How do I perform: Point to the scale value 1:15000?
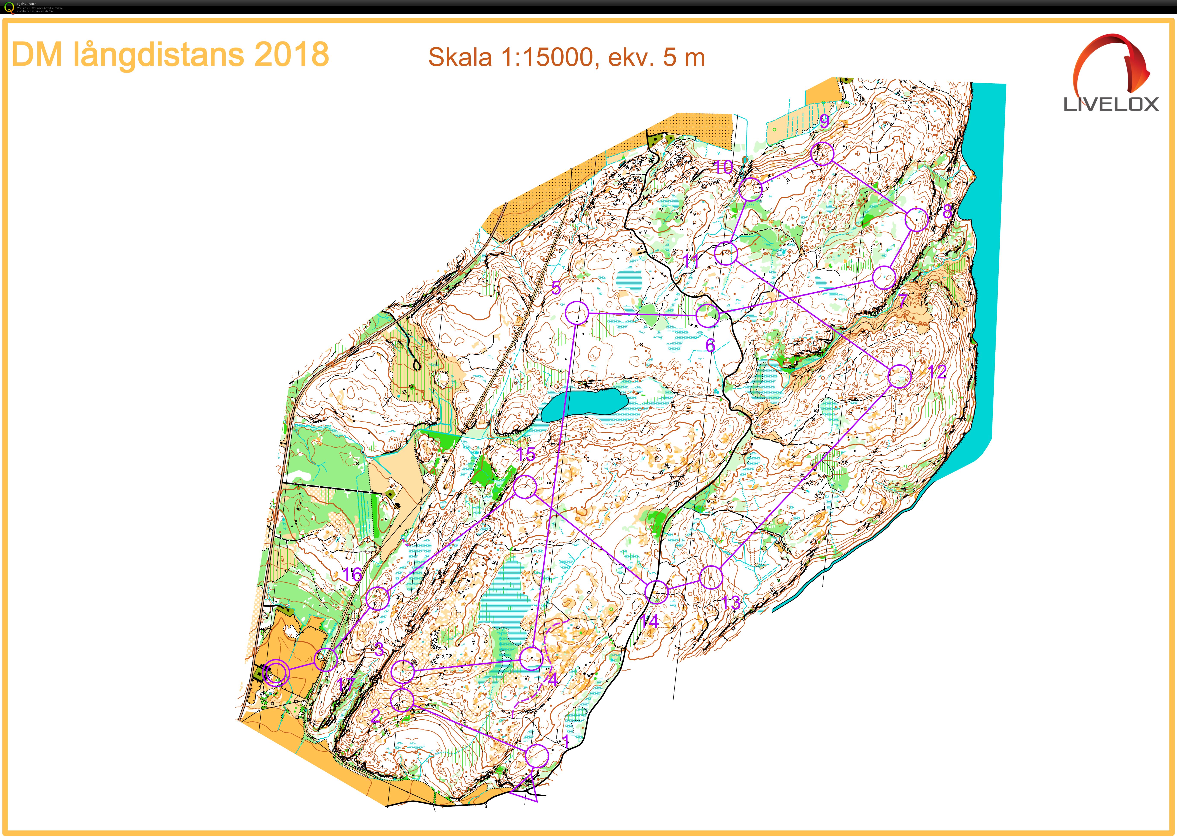coord(547,57)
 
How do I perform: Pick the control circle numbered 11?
coord(726,253)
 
